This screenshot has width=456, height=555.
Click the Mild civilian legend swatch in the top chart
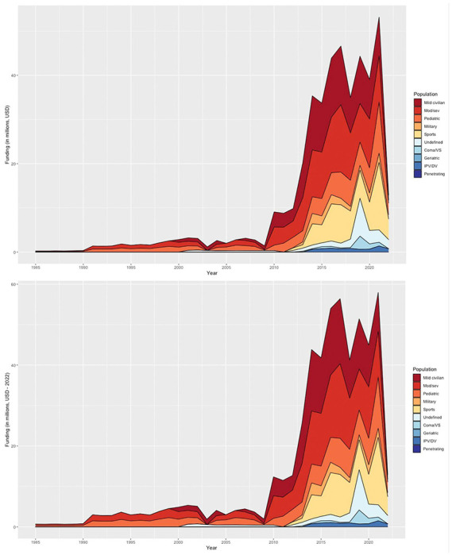417,103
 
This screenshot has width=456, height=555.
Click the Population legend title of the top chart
427,94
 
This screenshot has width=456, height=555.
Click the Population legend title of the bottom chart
427,371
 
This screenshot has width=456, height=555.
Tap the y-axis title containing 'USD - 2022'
7,413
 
